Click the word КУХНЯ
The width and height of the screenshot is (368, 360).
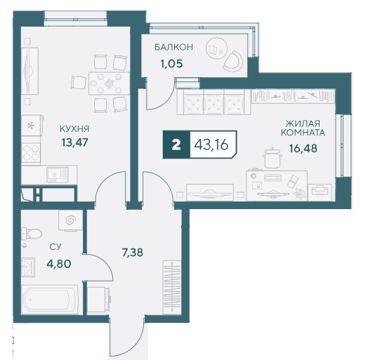point(74,128)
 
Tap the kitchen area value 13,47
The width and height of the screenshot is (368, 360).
point(74,142)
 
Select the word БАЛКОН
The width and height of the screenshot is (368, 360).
point(173,47)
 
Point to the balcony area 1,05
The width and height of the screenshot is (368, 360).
point(171,64)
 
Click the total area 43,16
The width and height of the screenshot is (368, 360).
point(211,145)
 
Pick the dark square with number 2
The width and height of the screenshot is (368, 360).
point(176,145)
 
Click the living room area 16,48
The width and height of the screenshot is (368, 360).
point(303,148)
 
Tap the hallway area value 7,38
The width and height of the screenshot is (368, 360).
point(132,253)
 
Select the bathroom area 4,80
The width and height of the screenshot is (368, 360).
point(59,264)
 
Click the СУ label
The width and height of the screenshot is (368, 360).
point(55,247)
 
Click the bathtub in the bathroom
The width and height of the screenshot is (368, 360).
point(50,300)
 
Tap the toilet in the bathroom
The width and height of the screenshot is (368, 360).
point(32,234)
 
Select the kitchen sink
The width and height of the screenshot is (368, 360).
point(58,175)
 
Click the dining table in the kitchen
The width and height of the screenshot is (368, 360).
point(109,84)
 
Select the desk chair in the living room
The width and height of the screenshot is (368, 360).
point(272,158)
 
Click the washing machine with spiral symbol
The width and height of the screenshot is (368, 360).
point(70,220)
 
